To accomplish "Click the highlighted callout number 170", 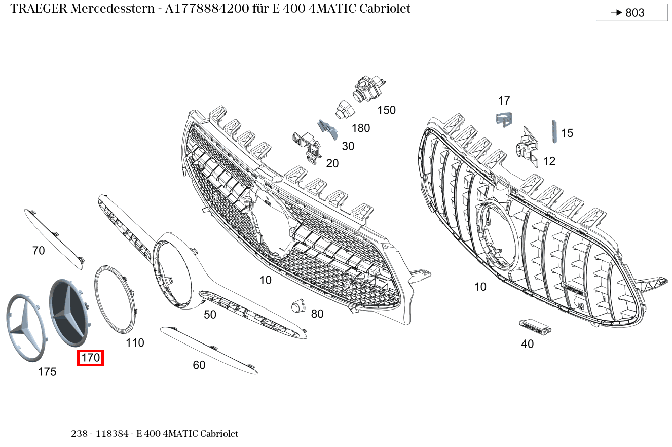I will [x=91, y=358].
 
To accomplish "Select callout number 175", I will [x=47, y=372].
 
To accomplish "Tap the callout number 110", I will [x=135, y=343].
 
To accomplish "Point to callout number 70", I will [x=39, y=251].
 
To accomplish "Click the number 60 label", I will [x=199, y=365].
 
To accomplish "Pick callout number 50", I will [x=210, y=315].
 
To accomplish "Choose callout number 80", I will [x=317, y=314].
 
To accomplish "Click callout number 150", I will [x=386, y=110].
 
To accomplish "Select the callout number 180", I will [x=361, y=128].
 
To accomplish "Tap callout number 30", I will [x=348, y=147].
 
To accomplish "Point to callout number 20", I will [x=332, y=164].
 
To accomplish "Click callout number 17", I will [x=504, y=101].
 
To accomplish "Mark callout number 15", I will [x=567, y=133].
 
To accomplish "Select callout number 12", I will [x=549, y=161].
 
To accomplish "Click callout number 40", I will [x=527, y=344].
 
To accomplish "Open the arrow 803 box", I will [x=631, y=13].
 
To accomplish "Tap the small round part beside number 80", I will [x=296, y=306].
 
